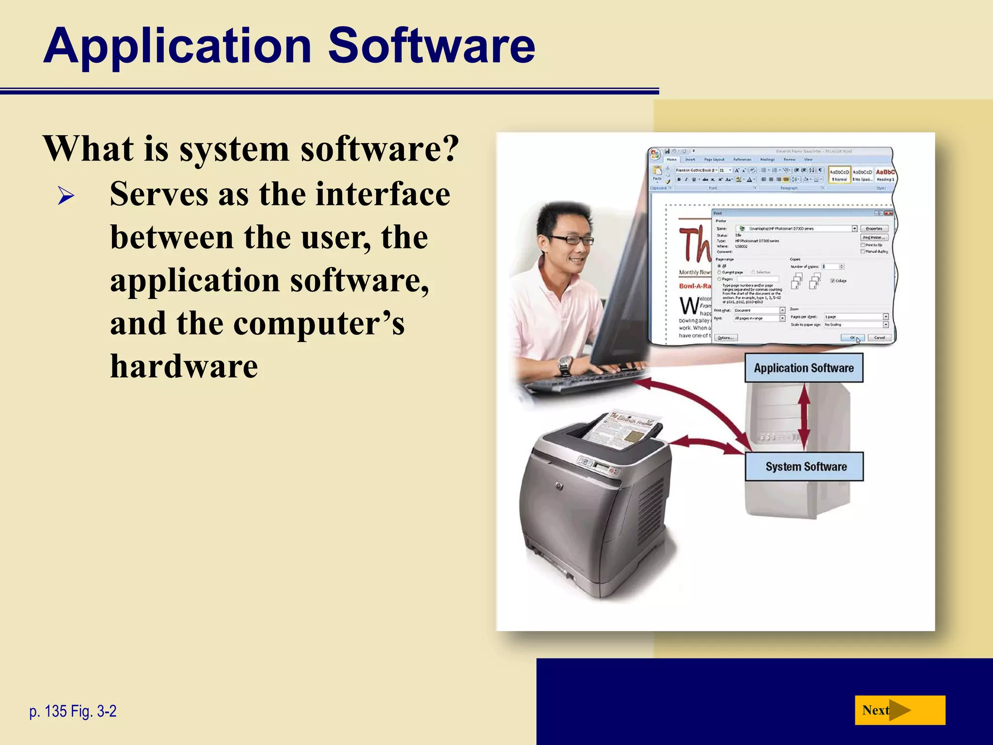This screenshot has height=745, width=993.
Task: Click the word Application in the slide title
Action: click(177, 46)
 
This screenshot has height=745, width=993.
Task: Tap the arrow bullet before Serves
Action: click(65, 196)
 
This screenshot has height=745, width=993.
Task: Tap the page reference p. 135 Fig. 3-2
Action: click(73, 711)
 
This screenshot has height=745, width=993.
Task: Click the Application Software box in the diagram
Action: click(803, 368)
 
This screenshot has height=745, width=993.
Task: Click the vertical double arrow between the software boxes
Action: click(804, 417)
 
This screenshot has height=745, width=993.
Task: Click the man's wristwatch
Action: click(565, 364)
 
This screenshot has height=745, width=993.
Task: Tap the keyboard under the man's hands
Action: click(592, 378)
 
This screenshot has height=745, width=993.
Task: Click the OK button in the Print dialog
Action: click(852, 338)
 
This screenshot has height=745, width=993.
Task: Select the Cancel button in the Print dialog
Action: click(879, 338)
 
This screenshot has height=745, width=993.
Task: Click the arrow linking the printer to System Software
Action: click(705, 444)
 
